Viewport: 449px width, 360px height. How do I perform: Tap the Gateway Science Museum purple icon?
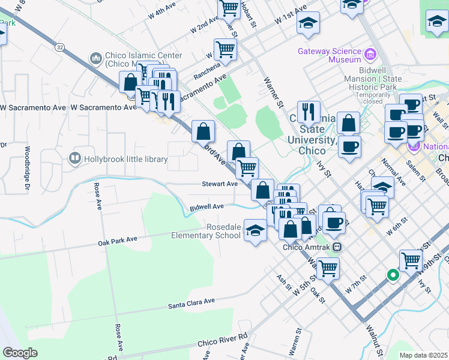(x=370, y=56)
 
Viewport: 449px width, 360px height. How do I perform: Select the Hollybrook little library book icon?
(x=75, y=158)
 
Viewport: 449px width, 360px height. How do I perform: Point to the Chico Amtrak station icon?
(x=338, y=246)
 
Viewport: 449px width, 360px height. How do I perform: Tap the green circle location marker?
(x=393, y=275)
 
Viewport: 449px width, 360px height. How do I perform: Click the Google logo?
(x=20, y=353)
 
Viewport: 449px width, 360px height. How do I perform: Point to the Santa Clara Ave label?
(x=191, y=304)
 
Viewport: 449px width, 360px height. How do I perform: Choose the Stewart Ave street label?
(x=220, y=184)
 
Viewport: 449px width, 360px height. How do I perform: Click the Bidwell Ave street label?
(x=206, y=207)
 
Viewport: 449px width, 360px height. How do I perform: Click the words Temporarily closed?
(x=377, y=98)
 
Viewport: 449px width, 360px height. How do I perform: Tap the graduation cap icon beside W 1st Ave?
(x=309, y=23)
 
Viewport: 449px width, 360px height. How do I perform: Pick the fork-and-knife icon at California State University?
(x=309, y=110)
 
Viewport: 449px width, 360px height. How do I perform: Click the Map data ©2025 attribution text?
(x=423, y=355)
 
